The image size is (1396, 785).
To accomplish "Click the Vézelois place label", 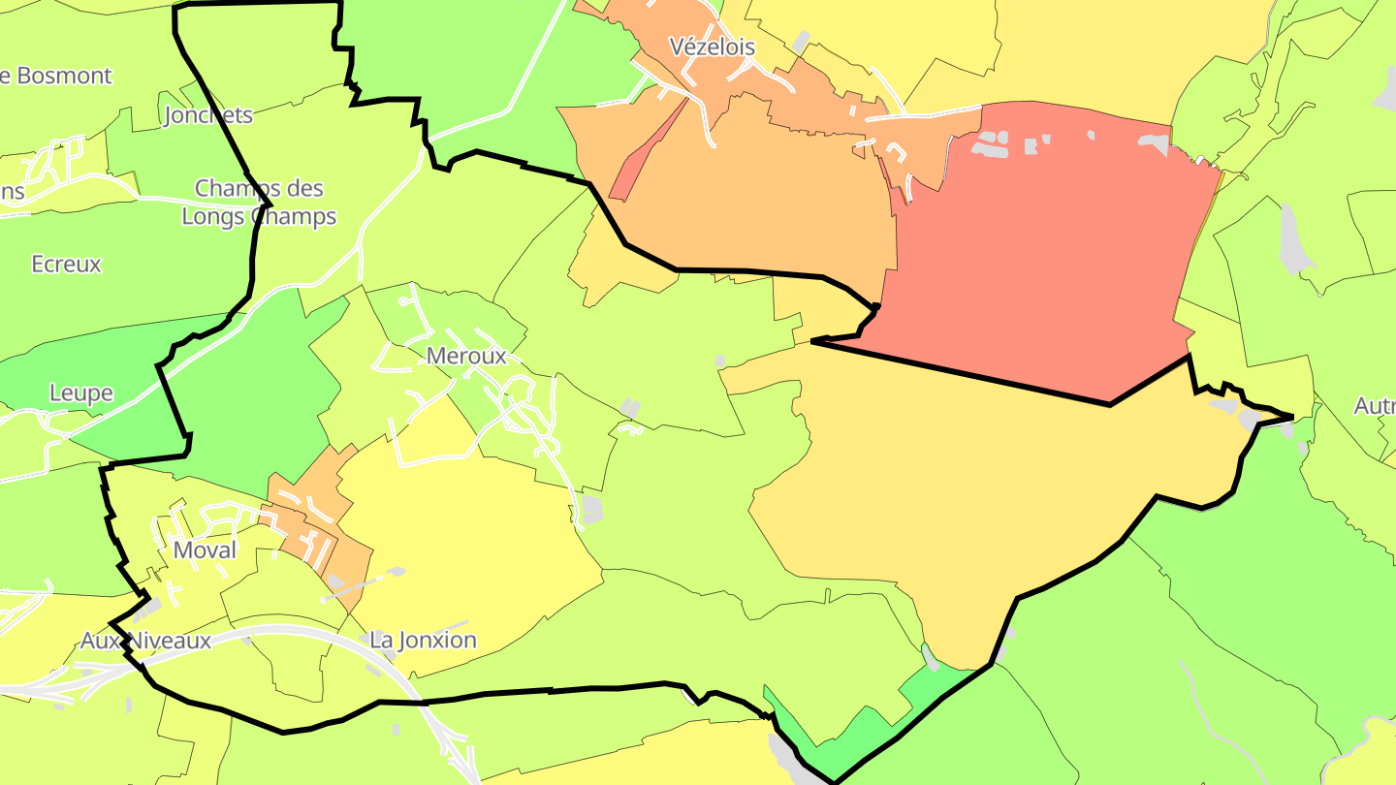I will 713,47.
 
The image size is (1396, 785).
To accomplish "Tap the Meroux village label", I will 466,357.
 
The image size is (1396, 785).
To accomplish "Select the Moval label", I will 205,550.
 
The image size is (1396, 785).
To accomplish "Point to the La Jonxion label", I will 424,640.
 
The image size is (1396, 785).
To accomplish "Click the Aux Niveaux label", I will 145,641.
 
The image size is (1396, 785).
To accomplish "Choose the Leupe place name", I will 81,393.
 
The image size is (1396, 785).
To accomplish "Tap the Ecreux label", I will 66,264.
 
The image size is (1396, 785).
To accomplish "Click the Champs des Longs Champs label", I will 259,202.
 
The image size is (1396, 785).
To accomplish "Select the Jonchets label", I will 208,115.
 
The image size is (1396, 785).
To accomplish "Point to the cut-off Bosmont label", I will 56,76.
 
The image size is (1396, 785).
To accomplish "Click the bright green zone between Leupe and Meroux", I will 252,397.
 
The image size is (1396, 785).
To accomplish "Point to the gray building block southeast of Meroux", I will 590,510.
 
